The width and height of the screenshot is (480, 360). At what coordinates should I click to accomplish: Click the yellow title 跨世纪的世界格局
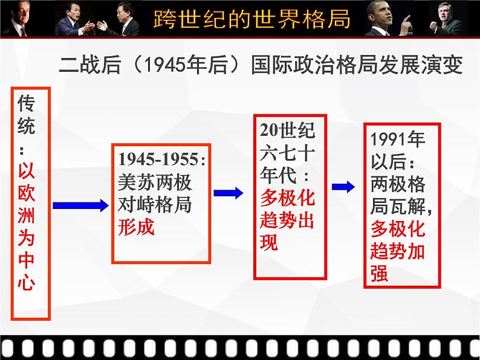(x=251, y=19)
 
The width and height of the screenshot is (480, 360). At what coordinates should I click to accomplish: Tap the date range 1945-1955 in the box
(x=158, y=159)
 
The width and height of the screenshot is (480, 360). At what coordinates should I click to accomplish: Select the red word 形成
(x=136, y=227)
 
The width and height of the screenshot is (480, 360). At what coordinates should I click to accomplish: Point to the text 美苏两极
(x=155, y=182)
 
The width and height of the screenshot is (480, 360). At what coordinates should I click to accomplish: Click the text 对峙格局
(x=155, y=204)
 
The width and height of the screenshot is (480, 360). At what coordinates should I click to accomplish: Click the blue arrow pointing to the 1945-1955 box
(x=81, y=205)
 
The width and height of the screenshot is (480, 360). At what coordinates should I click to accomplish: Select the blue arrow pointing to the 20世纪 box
(x=229, y=193)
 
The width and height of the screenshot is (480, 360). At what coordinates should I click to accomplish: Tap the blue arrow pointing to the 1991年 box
(x=343, y=187)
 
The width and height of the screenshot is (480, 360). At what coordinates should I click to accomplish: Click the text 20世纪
(x=287, y=130)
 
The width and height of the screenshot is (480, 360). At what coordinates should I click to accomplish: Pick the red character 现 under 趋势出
(x=269, y=243)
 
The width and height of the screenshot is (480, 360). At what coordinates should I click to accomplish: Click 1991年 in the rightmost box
(x=398, y=139)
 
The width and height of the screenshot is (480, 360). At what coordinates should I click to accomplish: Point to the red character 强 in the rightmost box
(x=380, y=272)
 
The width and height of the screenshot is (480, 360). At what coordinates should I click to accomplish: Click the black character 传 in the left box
(x=26, y=103)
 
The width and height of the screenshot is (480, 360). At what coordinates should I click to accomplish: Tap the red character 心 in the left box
(x=27, y=281)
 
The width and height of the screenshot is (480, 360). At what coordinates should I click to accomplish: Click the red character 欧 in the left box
(x=27, y=193)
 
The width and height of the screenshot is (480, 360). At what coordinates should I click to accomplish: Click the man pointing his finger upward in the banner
(x=389, y=19)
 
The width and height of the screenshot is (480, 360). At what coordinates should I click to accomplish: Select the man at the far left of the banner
(x=19, y=19)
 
